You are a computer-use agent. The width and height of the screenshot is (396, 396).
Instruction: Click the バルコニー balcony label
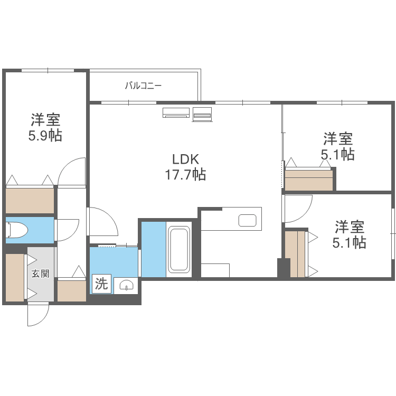tap(143, 86)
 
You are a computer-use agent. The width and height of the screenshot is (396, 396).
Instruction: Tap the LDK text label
tap(186, 159)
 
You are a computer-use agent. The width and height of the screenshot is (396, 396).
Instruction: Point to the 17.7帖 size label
tap(186, 175)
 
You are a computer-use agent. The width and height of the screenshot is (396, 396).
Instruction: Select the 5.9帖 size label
tap(45, 136)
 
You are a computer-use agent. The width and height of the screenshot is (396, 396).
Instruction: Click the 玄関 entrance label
tap(41, 274)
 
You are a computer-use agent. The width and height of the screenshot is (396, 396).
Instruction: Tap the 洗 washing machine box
tap(101, 284)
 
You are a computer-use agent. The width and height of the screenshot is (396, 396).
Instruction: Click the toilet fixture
tap(17, 230)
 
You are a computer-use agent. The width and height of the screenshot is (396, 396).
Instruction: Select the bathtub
tap(179, 249)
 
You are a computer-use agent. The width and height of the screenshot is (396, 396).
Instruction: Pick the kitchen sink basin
tap(248, 220)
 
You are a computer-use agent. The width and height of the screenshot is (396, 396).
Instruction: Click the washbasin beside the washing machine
tap(126, 286)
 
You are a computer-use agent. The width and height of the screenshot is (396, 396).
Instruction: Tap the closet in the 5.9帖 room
tap(30, 201)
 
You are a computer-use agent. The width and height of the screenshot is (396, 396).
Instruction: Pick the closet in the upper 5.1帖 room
tap(309, 181)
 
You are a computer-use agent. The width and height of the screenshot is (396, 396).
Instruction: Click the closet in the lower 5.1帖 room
tap(295, 254)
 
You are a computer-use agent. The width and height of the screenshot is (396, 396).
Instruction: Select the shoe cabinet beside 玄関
tap(15, 277)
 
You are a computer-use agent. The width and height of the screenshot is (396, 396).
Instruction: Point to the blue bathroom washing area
tap(154, 249)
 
